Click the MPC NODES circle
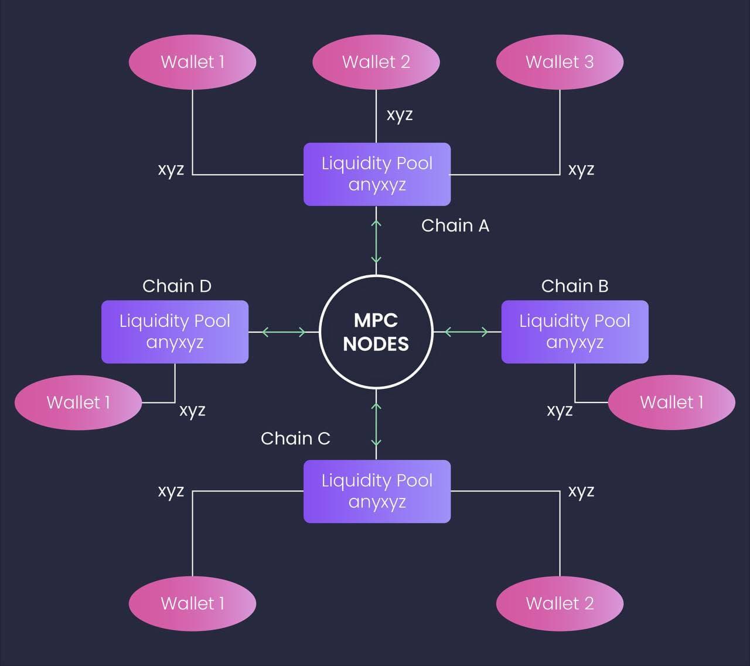pos(376,332)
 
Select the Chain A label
pos(455,226)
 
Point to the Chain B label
pos(574,286)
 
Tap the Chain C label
pos(295,438)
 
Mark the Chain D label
pos(176,286)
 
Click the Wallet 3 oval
pos(560,62)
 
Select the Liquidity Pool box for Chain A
pos(377,174)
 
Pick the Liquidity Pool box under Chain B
pos(574,332)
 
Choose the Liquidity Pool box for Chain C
pos(377,491)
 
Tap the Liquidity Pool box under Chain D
pos(175,332)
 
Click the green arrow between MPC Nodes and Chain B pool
pos(466,332)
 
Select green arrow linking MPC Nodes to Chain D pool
pos(284,332)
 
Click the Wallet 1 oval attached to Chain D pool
pos(78,402)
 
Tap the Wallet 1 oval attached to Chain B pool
pos(671,402)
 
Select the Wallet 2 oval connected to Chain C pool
pos(560,603)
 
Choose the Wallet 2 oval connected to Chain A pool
pos(376,62)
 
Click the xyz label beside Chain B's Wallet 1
pos(559,410)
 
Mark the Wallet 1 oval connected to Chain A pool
pos(192,62)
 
